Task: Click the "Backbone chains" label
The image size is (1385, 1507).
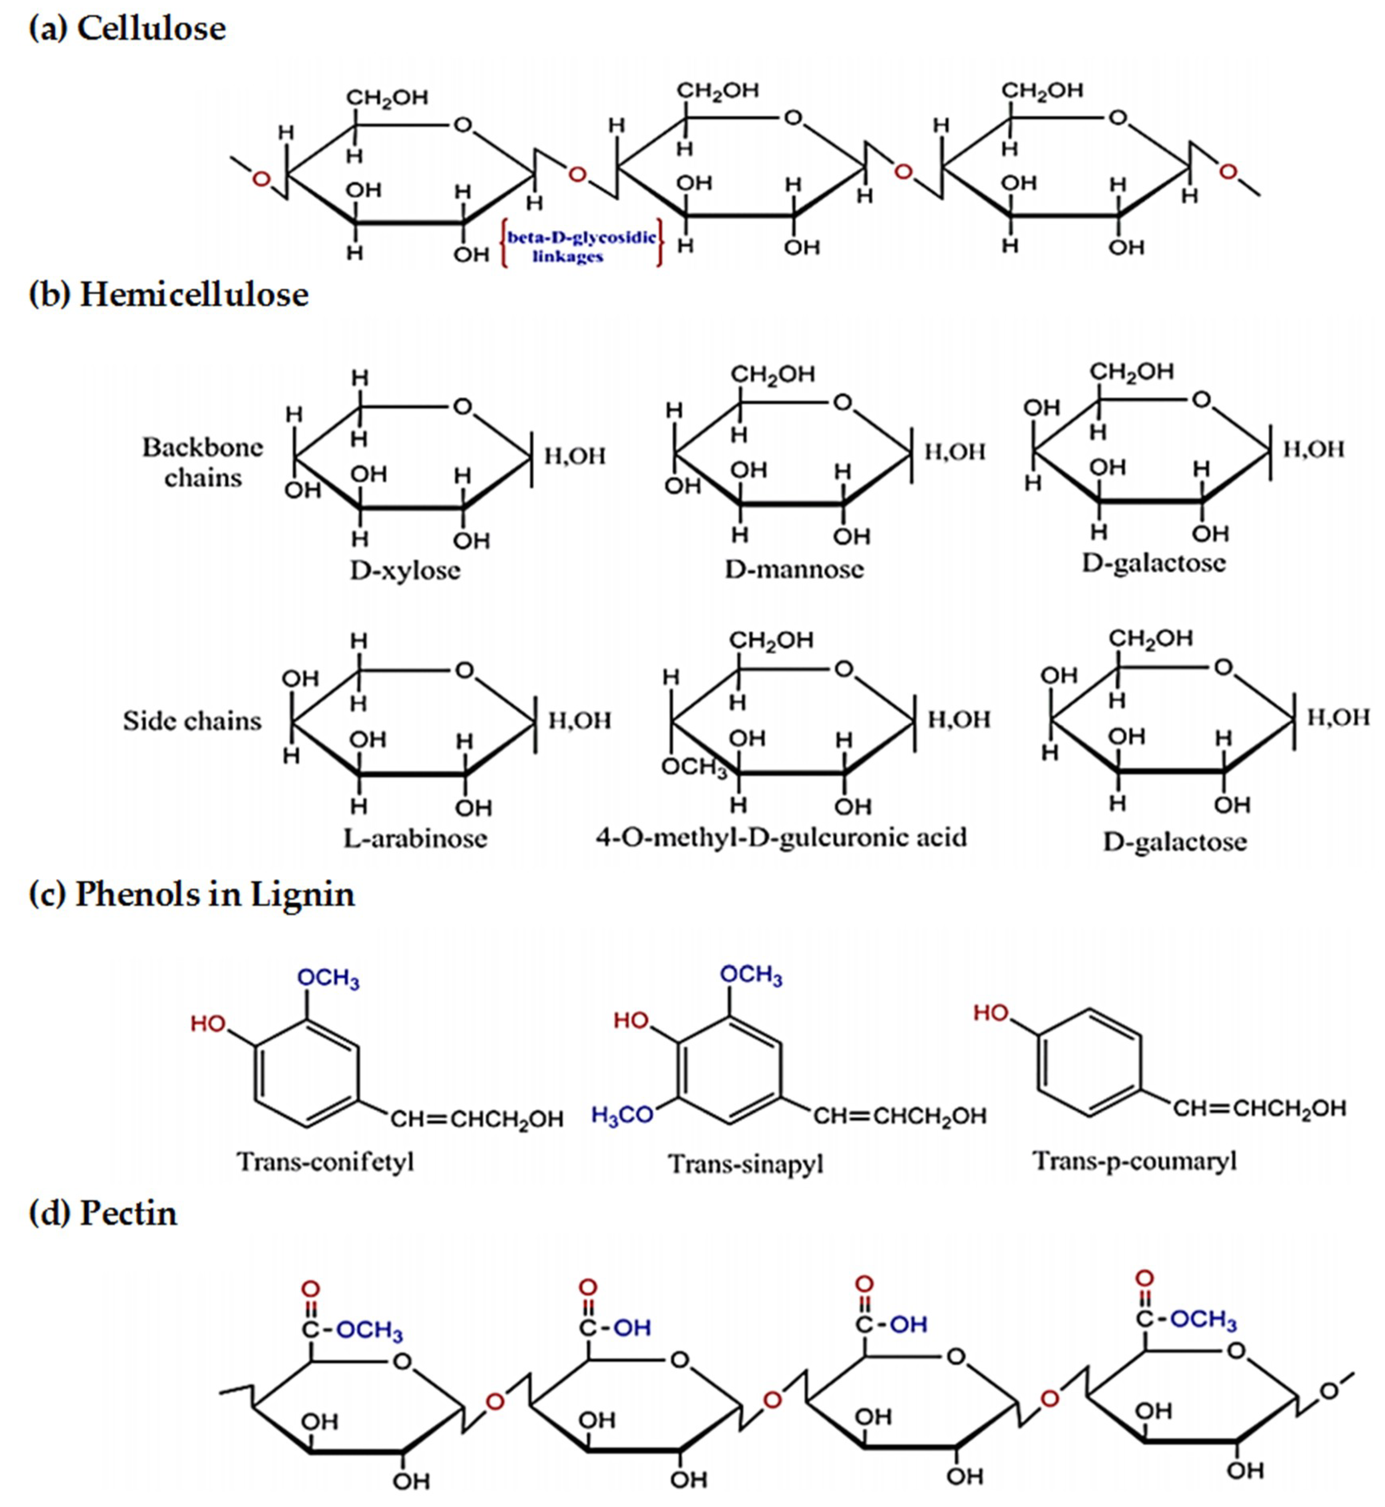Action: coord(202,462)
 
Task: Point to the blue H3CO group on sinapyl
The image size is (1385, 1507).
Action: coord(622,1115)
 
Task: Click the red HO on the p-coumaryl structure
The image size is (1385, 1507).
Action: coord(991,1013)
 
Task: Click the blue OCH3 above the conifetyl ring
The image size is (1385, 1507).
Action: coord(328,978)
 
